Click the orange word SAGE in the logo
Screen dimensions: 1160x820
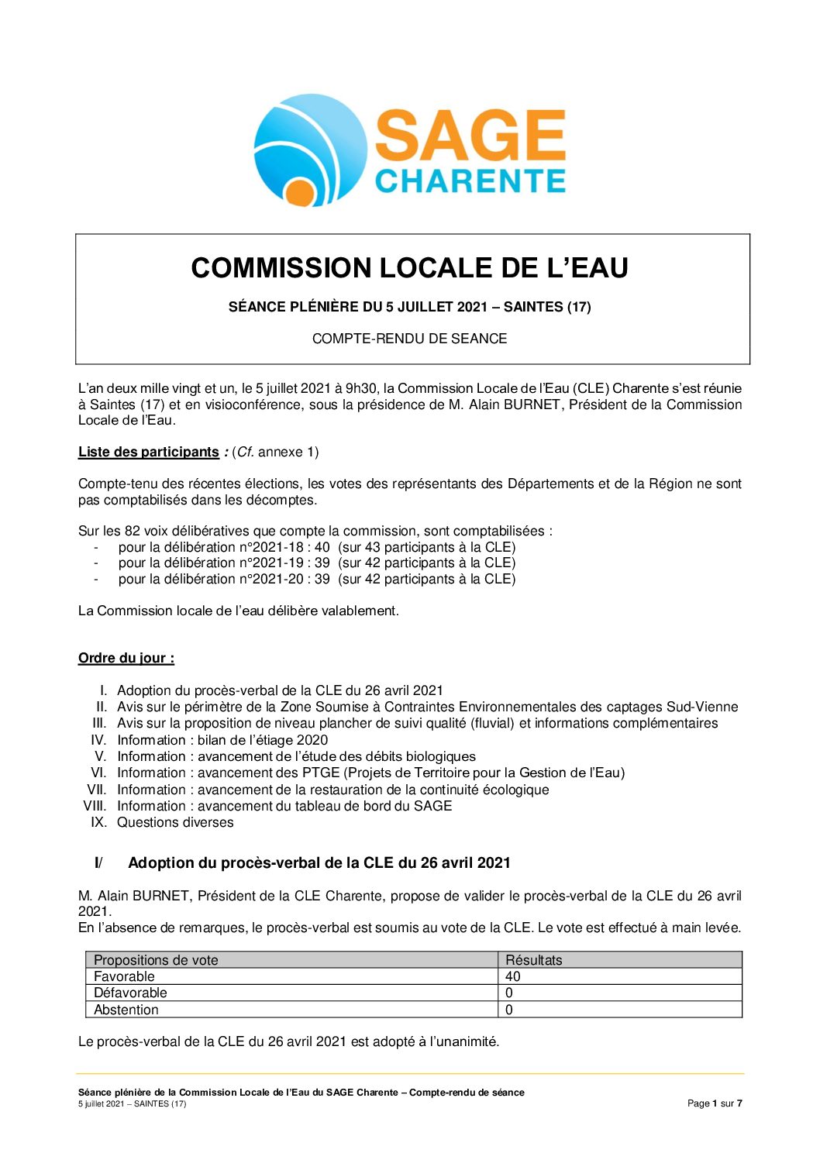470,136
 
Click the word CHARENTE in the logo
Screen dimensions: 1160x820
470,181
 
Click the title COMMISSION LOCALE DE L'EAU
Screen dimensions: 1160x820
409,268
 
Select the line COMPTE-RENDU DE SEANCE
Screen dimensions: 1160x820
409,339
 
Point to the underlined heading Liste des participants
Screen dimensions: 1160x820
149,452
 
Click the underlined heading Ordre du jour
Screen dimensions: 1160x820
126,658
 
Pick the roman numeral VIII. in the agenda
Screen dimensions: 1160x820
95,806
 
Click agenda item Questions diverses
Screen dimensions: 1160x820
175,822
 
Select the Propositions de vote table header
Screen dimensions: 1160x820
156,960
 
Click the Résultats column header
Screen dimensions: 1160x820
534,960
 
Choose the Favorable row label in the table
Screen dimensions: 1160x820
124,976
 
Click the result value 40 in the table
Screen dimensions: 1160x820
513,976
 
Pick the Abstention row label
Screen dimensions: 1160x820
126,1010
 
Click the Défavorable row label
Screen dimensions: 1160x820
130,993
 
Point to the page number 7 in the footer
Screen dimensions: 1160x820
739,1103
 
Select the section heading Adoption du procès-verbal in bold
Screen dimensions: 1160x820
319,862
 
